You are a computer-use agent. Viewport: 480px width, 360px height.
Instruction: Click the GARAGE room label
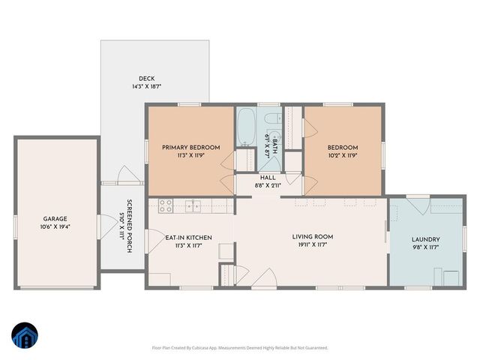(56, 218)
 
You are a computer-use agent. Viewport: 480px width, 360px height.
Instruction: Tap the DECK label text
(145, 79)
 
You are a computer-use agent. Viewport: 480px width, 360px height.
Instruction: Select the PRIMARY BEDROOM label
(190, 148)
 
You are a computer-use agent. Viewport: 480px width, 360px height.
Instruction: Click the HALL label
(267, 178)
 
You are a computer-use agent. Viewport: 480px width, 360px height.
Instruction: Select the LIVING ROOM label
(312, 237)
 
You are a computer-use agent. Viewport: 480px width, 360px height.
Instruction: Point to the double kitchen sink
(194, 205)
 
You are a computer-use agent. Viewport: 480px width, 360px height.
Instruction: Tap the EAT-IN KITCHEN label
(188, 237)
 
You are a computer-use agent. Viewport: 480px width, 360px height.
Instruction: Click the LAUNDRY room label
(425, 240)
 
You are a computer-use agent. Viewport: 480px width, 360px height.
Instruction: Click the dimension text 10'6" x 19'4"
(56, 226)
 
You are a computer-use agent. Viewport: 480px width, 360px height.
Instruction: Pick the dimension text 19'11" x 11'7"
(312, 245)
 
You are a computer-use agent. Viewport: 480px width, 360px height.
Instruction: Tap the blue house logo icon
(25, 337)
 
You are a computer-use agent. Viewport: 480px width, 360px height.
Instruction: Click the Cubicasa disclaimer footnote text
(239, 347)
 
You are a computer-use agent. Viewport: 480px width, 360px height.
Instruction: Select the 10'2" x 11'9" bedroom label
(342, 155)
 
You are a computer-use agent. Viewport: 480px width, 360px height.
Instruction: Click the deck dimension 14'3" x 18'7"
(145, 87)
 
